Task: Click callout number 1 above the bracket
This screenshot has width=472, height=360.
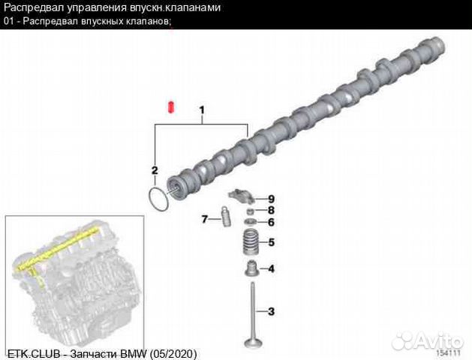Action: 202,110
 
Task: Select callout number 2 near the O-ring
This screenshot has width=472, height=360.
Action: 155,170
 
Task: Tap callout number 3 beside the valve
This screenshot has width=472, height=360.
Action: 271,311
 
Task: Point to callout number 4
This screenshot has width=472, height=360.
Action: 271,268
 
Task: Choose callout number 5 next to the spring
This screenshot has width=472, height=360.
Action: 271,242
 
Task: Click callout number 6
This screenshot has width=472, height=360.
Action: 271,222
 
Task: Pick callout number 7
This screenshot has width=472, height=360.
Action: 205,219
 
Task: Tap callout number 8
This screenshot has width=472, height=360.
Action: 271,210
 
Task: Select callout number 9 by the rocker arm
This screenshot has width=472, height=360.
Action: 271,199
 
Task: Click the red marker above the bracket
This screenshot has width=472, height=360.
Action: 171,107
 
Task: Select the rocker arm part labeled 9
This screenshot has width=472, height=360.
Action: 240,196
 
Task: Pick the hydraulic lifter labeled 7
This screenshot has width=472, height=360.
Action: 225,216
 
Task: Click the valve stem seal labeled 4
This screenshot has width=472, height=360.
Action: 251,268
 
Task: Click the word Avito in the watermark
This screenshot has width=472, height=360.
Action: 439,340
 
